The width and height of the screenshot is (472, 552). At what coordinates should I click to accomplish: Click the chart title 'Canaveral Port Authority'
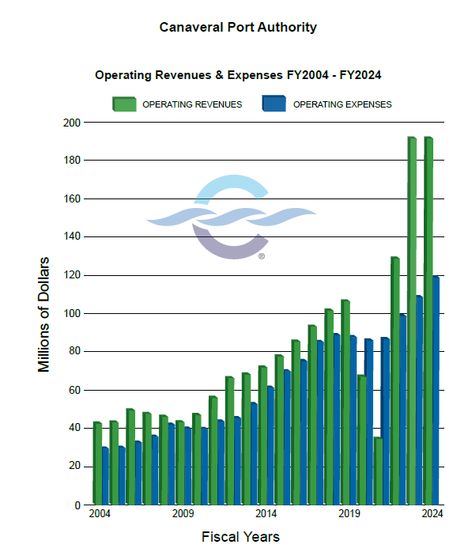(238, 28)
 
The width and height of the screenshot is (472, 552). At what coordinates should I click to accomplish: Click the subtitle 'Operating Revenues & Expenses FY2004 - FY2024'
(239, 75)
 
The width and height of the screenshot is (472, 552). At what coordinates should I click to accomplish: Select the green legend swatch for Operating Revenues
(124, 104)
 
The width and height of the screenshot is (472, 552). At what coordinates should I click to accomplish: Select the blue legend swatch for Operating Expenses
(273, 104)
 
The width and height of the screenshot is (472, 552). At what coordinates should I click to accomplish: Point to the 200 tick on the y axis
(72, 123)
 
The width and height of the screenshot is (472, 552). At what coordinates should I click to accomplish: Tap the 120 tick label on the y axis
(72, 275)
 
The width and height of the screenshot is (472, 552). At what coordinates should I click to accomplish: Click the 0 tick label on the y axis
(77, 505)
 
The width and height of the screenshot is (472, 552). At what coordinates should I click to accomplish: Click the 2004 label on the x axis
(100, 515)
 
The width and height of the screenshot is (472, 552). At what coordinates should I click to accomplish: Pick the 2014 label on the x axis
(266, 515)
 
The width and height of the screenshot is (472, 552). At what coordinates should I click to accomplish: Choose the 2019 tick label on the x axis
(349, 515)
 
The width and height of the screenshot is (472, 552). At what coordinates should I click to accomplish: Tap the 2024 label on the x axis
(431, 515)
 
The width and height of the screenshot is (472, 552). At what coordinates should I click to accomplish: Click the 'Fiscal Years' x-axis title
(240, 537)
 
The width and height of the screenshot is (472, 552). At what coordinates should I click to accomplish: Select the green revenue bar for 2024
(428, 320)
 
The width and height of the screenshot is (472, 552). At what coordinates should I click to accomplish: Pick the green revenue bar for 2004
(97, 463)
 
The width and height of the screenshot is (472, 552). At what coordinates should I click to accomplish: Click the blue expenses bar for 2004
(105, 475)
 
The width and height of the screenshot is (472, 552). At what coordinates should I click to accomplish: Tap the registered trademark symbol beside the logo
(262, 256)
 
